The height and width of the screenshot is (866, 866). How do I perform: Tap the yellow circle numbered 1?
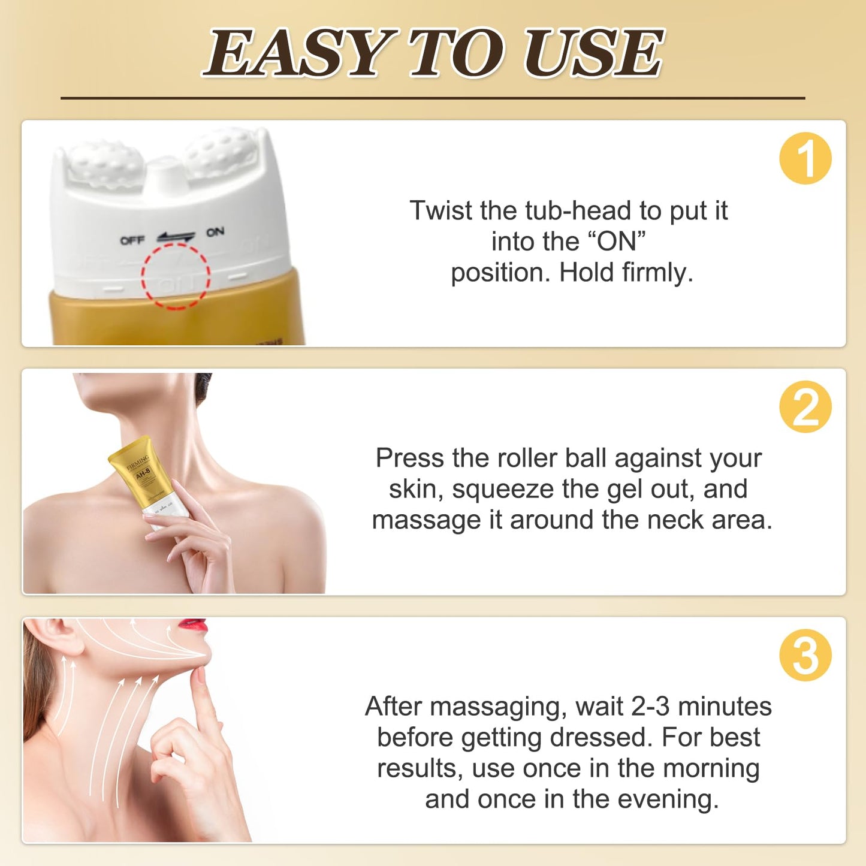pos(805,159)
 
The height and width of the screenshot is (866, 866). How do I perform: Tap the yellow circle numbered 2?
pos(805,407)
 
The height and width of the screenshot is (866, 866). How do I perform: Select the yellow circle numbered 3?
pos(805,655)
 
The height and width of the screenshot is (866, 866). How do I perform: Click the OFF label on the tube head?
pos(132,240)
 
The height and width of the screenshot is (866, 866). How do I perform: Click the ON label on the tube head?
pos(215,232)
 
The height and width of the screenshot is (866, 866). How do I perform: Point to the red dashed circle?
pos(176,276)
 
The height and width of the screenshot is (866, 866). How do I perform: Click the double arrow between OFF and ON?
pos(176,237)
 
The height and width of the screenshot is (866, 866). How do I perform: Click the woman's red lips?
pos(194,626)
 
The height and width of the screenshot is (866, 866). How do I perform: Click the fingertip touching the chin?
pos(198,674)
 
